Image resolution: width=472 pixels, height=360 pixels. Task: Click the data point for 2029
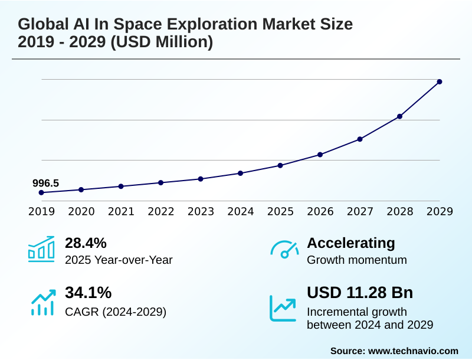tap(440, 81)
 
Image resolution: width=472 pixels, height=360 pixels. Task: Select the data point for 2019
tap(41, 192)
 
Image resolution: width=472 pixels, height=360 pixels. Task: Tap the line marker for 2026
tap(320, 155)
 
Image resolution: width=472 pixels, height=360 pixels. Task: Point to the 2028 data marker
tap(399, 116)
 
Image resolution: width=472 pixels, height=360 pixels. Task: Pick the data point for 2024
tap(240, 173)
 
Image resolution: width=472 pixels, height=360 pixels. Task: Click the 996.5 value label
tap(45, 183)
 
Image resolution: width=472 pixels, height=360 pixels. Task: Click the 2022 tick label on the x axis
tap(160, 212)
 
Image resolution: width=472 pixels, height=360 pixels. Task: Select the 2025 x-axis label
tap(280, 212)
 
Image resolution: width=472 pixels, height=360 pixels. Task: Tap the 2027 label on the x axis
tap(360, 212)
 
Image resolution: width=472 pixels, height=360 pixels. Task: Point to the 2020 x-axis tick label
tap(81, 212)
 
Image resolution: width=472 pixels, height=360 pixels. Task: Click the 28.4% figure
tap(86, 243)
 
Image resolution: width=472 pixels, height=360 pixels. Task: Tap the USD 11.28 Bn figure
tap(360, 293)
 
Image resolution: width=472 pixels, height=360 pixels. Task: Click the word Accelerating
tap(351, 243)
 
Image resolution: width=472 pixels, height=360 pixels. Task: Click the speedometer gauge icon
tap(284, 250)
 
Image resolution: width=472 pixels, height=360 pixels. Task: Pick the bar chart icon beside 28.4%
tap(41, 250)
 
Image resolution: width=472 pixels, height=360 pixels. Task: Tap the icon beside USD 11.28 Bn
tap(283, 308)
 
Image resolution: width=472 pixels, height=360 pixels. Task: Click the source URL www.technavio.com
tap(413, 351)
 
